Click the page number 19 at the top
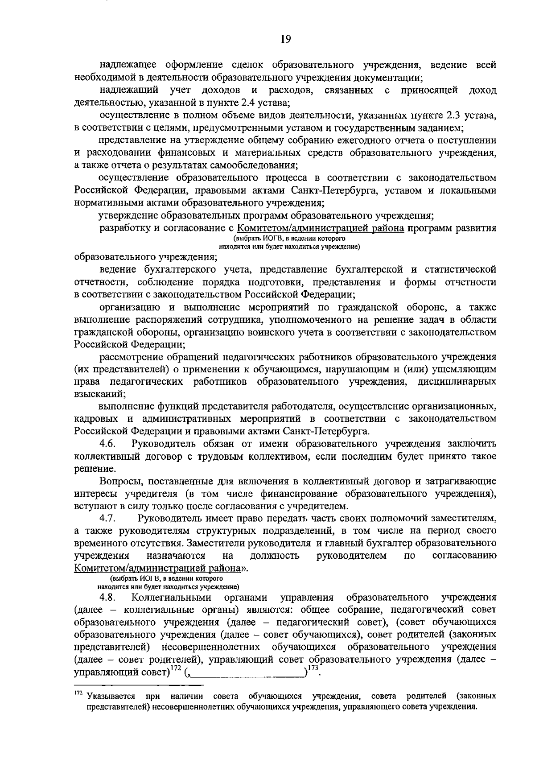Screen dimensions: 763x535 [286, 39]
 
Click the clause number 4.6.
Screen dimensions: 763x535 [108, 444]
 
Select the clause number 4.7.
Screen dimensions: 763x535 [108, 518]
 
